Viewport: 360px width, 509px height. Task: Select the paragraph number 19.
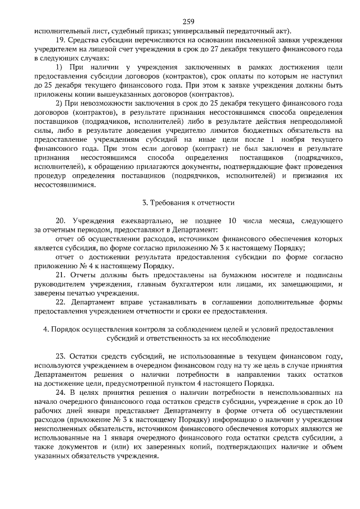61,40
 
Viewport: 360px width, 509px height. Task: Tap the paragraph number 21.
61,274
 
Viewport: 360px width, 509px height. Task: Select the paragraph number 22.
61,301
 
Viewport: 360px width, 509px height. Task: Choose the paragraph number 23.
61,356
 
